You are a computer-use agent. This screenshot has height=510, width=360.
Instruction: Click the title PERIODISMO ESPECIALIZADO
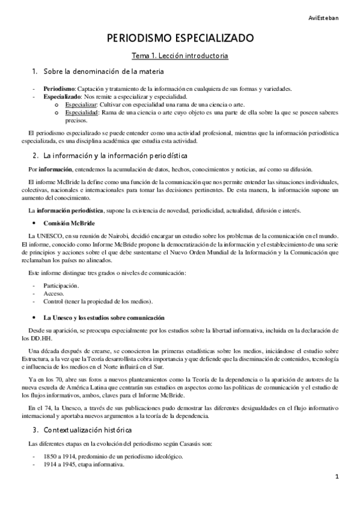pyautogui.click(x=180, y=38)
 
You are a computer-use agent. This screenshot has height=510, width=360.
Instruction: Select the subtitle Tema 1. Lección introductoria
pyautogui.click(x=180, y=56)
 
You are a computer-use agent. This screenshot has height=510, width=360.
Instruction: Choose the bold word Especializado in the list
pyautogui.click(x=64, y=96)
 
